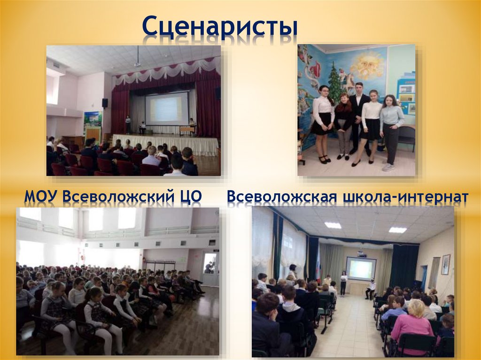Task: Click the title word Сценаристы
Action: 220,28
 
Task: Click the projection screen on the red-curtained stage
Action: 166,109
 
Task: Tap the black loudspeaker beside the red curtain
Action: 105,103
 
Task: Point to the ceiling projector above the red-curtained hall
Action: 137,62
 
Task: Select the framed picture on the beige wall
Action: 445,264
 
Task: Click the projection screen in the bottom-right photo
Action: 361,269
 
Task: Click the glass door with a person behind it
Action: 210,268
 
